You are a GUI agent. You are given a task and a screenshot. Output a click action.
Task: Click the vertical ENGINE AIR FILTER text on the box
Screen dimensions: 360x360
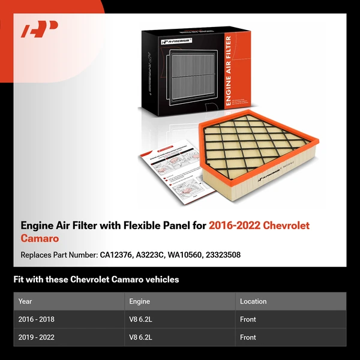click(x=228, y=71)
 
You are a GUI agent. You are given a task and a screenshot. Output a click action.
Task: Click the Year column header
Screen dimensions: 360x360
click(x=25, y=301)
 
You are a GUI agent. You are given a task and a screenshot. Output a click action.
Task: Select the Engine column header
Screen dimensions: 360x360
click(x=139, y=301)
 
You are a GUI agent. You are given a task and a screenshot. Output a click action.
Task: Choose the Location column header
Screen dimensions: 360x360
click(x=253, y=301)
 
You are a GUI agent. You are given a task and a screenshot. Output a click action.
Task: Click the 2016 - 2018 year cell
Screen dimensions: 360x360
click(x=37, y=319)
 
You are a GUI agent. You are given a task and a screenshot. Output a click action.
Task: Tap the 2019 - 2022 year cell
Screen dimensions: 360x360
click(x=37, y=337)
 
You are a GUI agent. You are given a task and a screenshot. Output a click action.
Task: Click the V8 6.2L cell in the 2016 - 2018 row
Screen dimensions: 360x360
click(x=141, y=319)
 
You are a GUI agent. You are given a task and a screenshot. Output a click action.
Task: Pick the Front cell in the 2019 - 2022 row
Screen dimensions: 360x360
click(x=248, y=337)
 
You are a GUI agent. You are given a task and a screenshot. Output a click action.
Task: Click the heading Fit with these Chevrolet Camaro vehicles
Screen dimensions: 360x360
click(x=96, y=280)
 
